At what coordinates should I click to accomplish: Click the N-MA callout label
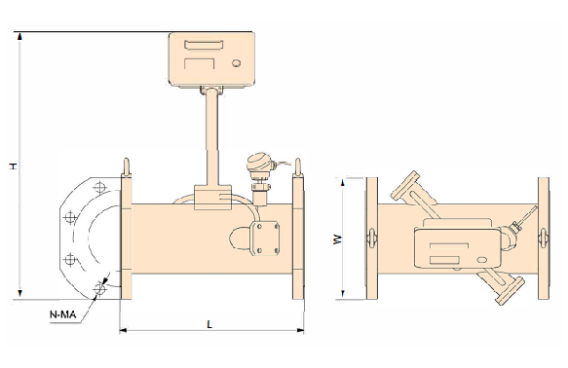(x=62, y=314)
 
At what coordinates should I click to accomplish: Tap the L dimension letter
(x=209, y=324)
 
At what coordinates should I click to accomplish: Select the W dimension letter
(x=338, y=239)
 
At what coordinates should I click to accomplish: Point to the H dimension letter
(x=14, y=166)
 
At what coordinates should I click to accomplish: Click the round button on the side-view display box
(x=237, y=63)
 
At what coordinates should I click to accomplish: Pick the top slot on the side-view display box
(x=204, y=45)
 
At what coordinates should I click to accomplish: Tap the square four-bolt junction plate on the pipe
(x=266, y=239)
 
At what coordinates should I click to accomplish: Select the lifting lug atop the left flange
(x=126, y=167)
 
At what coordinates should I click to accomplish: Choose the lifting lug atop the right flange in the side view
(x=298, y=167)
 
